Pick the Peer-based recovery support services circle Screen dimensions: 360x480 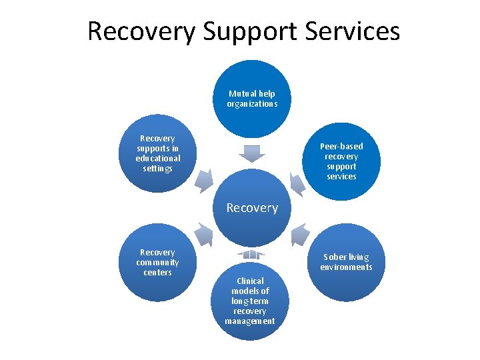(x=341, y=161)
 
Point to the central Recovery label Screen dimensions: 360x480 (x=252, y=208)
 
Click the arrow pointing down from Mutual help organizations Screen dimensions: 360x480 (x=251, y=153)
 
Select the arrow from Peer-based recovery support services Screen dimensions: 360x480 (x=299, y=183)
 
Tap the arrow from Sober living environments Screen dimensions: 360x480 (x=300, y=234)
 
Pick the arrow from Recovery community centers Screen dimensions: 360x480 (x=203, y=234)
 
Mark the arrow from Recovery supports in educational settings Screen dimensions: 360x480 (x=205, y=181)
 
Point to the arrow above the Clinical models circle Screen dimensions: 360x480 (x=251, y=255)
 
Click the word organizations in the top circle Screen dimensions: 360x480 (x=252, y=104)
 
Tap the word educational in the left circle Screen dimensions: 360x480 (x=158, y=159)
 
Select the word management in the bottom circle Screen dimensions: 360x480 (x=250, y=321)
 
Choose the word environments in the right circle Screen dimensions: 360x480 (x=346, y=267)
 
